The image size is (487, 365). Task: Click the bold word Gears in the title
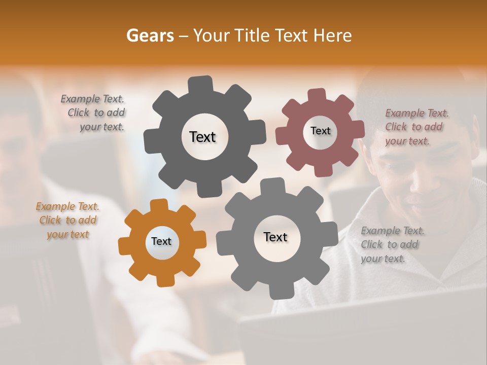click(x=150, y=35)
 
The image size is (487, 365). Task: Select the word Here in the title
click(x=332, y=35)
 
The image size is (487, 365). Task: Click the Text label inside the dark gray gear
click(x=202, y=137)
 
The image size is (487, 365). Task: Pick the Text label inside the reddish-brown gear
click(x=320, y=131)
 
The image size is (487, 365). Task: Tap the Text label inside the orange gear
click(x=161, y=242)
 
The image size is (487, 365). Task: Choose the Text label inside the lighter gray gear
click(x=275, y=237)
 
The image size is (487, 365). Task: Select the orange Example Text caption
click(x=67, y=220)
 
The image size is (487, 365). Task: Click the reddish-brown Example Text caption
click(x=416, y=127)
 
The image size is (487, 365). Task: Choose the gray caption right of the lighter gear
click(x=392, y=244)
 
